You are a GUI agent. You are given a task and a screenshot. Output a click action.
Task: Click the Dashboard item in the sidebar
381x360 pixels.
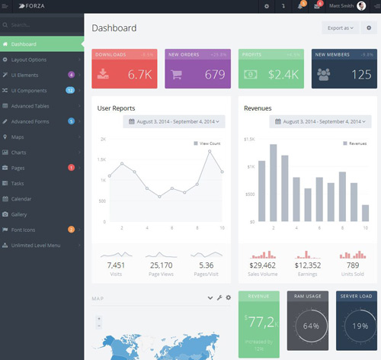pyautogui.click(x=24, y=44)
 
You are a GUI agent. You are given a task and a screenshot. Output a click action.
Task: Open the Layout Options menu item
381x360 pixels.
pyautogui.click(x=29, y=59)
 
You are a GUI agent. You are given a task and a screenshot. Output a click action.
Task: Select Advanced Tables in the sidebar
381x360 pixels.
pyautogui.click(x=31, y=106)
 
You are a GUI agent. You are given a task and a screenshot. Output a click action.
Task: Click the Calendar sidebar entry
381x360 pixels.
pyautogui.click(x=21, y=199)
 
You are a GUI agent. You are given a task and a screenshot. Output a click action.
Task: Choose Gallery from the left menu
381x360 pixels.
pyautogui.click(x=19, y=214)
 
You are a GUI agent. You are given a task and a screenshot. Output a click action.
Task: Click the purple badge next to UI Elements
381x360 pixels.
pyautogui.click(x=71, y=75)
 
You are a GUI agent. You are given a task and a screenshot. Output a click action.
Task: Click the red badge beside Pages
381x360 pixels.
pyautogui.click(x=71, y=168)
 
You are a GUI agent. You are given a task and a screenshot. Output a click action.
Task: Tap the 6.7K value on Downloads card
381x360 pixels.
pyautogui.click(x=140, y=75)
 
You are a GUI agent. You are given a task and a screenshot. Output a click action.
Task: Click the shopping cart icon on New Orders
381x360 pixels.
pyautogui.click(x=177, y=75)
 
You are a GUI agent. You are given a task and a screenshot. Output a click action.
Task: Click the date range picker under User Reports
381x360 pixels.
pyautogui.click(x=176, y=121)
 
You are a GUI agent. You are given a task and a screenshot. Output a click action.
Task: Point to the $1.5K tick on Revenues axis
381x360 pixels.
pyautogui.click(x=249, y=140)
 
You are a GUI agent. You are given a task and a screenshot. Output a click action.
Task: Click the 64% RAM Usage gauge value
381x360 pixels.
pyautogui.click(x=310, y=326)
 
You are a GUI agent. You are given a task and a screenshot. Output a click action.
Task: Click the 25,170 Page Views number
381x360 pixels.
pyautogui.click(x=161, y=265)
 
